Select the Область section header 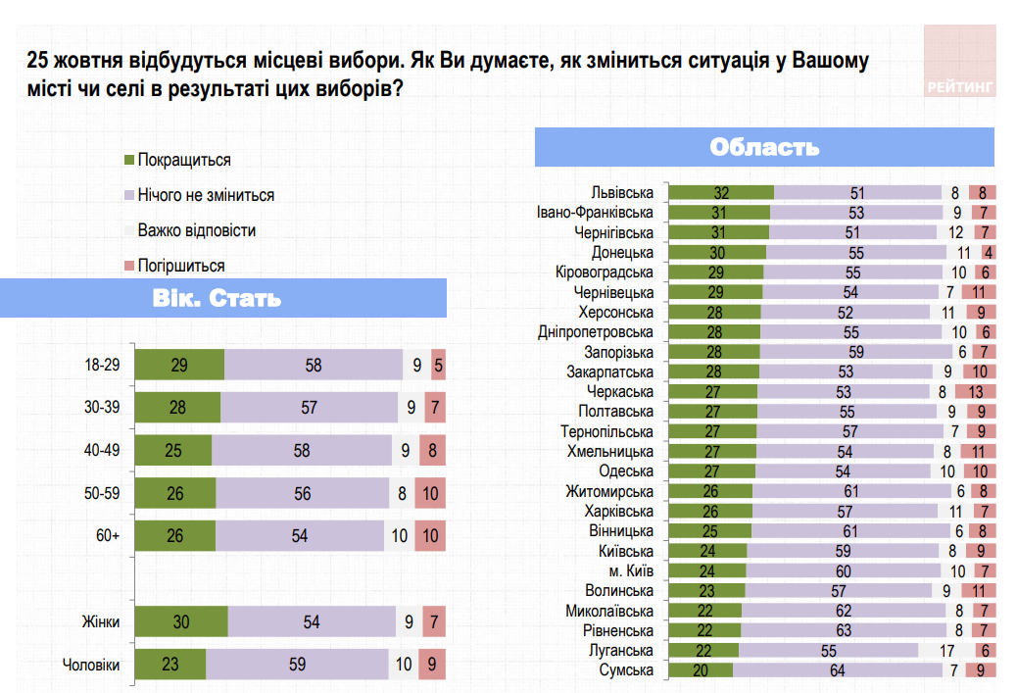point(764,148)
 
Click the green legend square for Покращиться point(129,160)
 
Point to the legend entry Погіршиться point(181,266)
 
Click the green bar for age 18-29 point(179,365)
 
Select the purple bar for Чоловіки point(297,665)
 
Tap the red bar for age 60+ point(430,536)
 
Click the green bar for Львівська point(721,193)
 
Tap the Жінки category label point(100,621)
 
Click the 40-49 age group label point(102,451)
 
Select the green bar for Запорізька point(714,352)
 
